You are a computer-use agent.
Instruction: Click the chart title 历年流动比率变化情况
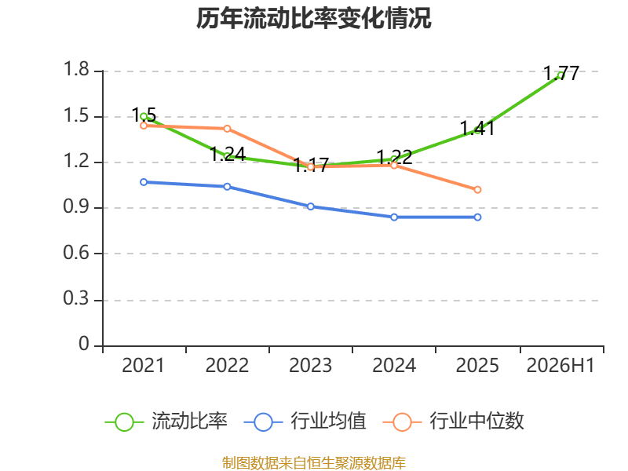coord(313,18)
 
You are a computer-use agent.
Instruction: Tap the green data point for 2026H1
coord(560,75)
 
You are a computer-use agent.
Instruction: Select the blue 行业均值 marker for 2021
coord(144,182)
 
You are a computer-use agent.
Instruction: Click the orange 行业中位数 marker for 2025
coord(477,189)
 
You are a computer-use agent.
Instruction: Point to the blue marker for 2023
coord(311,206)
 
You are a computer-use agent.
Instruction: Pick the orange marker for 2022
coord(227,129)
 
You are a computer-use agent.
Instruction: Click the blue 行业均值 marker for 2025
coord(477,217)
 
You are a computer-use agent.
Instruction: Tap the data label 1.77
coord(561,73)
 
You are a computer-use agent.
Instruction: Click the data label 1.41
coord(476,128)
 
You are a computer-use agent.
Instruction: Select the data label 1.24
coord(228,154)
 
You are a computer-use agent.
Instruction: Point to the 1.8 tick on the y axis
coord(76,69)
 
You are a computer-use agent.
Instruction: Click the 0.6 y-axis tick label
coord(76,253)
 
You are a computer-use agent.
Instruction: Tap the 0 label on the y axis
coord(84,344)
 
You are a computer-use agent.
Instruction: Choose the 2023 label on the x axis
coord(310,366)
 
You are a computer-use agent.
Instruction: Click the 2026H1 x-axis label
coord(560,366)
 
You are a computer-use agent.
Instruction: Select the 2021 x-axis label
coord(143,366)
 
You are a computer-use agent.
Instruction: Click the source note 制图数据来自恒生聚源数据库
coord(314,463)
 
